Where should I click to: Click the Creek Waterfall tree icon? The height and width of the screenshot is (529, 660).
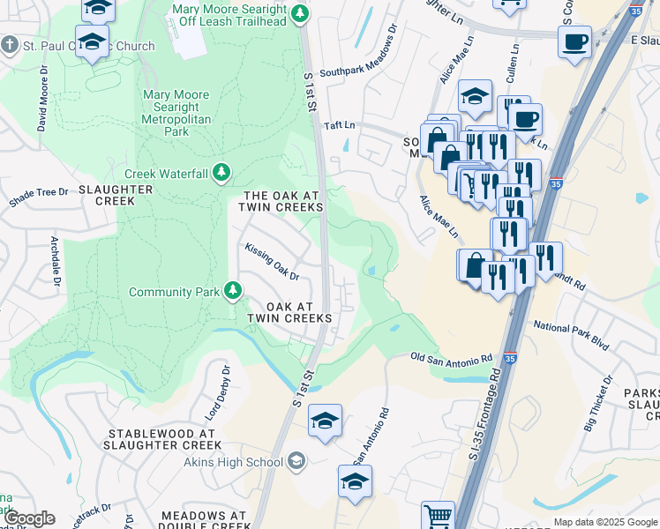click(223, 173)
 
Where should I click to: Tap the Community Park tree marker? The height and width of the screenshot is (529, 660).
click(233, 290)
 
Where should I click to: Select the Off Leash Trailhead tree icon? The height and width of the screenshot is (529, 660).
click(300, 12)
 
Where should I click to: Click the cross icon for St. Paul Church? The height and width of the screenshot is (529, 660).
click(9, 44)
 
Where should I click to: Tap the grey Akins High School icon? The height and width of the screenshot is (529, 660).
click(297, 461)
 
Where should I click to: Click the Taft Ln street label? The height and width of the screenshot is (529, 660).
click(339, 127)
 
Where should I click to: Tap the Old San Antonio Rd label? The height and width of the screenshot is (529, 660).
click(452, 359)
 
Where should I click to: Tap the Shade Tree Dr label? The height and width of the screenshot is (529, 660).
click(38, 197)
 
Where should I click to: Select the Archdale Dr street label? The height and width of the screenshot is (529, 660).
click(55, 260)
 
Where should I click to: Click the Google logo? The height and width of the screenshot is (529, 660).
click(29, 518)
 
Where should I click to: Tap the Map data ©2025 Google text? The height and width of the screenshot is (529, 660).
click(604, 522)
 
